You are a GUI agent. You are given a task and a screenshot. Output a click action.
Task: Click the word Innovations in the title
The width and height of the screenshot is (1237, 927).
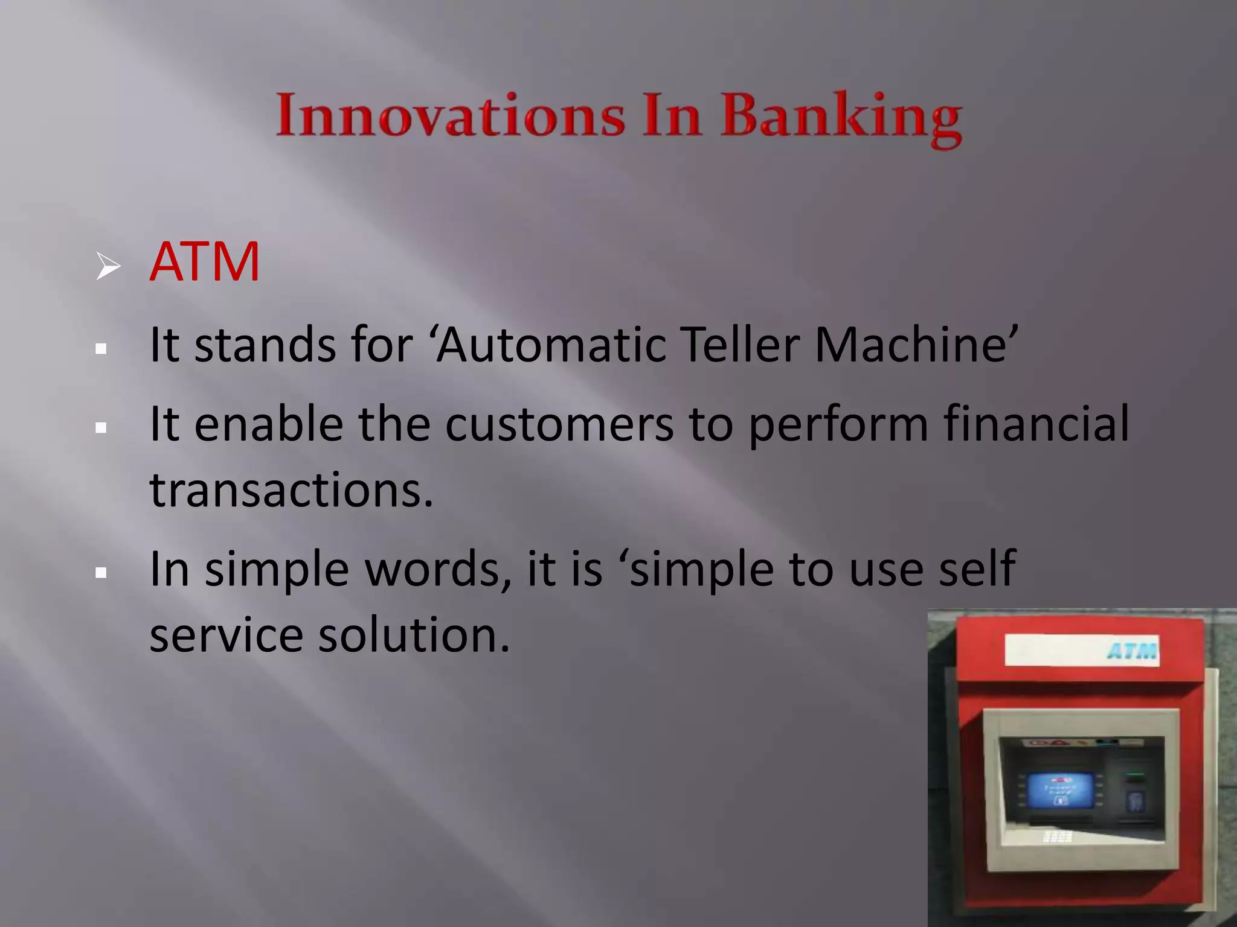click(450, 116)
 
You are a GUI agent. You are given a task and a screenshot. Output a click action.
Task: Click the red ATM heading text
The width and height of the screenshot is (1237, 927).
click(204, 262)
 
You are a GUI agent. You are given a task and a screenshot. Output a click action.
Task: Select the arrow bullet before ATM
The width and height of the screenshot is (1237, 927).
click(108, 266)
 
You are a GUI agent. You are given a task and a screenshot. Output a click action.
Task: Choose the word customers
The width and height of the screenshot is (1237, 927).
click(559, 424)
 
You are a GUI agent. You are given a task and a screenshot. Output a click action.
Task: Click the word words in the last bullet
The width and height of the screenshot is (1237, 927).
click(438, 569)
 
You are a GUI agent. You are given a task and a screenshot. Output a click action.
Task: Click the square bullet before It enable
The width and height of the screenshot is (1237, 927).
click(101, 428)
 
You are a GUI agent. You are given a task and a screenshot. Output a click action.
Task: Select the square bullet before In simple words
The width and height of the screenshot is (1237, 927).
click(101, 573)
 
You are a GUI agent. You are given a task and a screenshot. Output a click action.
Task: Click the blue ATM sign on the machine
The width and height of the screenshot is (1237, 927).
click(1132, 651)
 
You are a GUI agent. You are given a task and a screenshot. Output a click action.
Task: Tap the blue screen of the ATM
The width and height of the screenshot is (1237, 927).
click(1060, 790)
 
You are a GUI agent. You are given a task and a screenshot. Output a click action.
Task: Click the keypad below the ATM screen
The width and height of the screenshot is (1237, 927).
click(1057, 836)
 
